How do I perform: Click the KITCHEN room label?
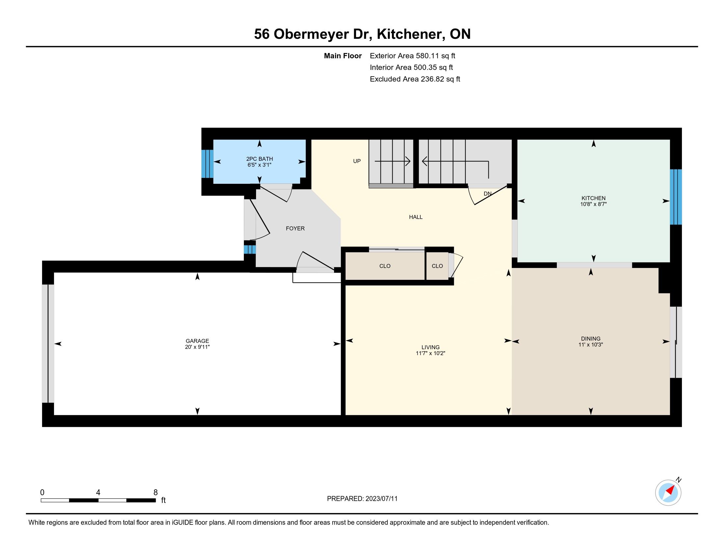point(593,198)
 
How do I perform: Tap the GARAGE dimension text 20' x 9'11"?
point(197,347)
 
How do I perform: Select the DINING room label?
point(591,338)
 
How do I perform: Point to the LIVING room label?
point(431,347)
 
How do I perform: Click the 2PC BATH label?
point(260,159)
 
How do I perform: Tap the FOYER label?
point(296,229)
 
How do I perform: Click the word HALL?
point(416,217)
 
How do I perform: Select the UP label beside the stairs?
point(357,161)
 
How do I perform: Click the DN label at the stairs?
point(487,194)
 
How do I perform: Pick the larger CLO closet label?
point(385,266)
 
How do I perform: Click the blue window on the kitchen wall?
point(676,197)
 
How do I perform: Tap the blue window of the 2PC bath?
point(208,164)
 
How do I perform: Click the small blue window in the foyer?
point(250,249)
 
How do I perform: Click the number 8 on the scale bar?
point(155,493)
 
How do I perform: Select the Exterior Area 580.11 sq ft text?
point(412,56)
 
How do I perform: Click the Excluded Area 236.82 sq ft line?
point(415,79)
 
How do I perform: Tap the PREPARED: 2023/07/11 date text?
point(362,499)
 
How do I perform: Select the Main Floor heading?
point(343,56)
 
